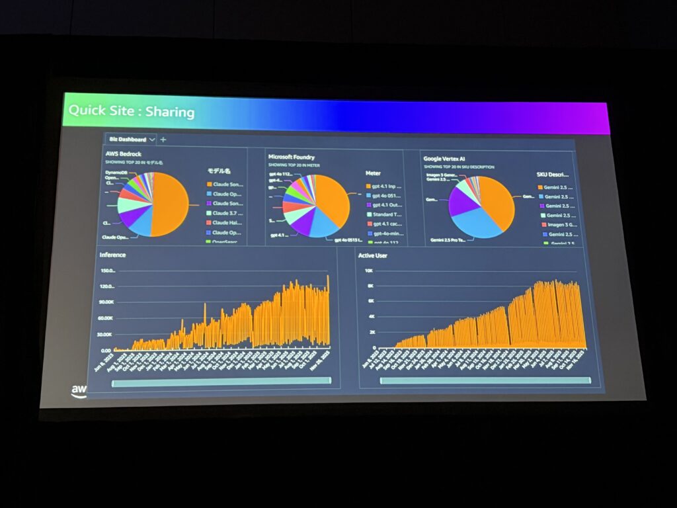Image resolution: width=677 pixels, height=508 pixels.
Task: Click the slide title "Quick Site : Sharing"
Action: pyautogui.click(x=132, y=110)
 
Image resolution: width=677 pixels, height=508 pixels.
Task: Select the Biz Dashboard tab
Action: pyautogui.click(x=128, y=139)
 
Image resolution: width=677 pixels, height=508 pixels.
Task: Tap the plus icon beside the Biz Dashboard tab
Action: pyautogui.click(x=163, y=139)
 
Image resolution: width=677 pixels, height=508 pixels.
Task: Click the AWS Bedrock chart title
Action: pyautogui.click(x=124, y=153)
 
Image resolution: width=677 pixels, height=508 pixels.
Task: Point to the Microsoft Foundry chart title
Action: pyautogui.click(x=291, y=157)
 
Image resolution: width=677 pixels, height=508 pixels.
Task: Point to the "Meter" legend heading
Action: pyautogui.click(x=373, y=173)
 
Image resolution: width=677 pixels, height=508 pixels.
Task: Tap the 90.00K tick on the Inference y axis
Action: pyautogui.click(x=106, y=302)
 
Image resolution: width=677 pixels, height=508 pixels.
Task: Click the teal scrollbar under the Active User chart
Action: pyautogui.click(x=484, y=380)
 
